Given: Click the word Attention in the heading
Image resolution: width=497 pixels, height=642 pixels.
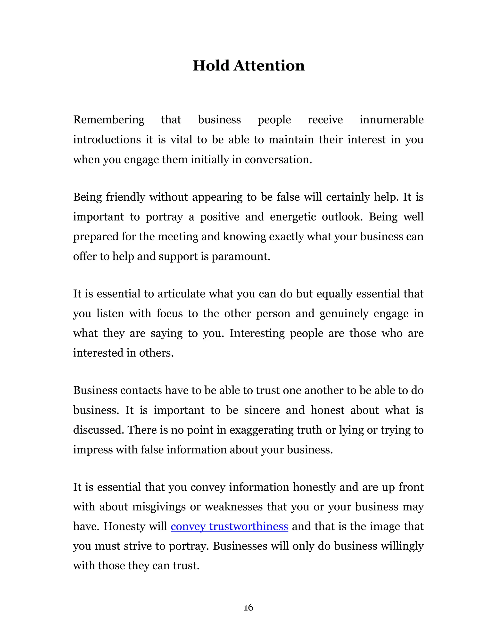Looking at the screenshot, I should [269, 66].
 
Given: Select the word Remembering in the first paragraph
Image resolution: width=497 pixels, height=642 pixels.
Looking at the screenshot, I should [109, 120].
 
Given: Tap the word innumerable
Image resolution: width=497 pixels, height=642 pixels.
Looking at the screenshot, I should [391, 120].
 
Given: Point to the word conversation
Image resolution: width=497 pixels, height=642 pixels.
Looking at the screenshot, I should [278, 160].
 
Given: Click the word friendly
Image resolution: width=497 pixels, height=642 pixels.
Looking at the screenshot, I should [125, 197].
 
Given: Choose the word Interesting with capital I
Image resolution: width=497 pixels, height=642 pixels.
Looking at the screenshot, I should [257, 333].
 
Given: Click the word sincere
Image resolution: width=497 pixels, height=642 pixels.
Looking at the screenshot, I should [262, 410].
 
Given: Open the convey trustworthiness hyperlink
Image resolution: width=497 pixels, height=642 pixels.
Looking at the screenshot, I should [229, 526].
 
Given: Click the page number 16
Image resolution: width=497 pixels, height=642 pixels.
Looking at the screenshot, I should [248, 607].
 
